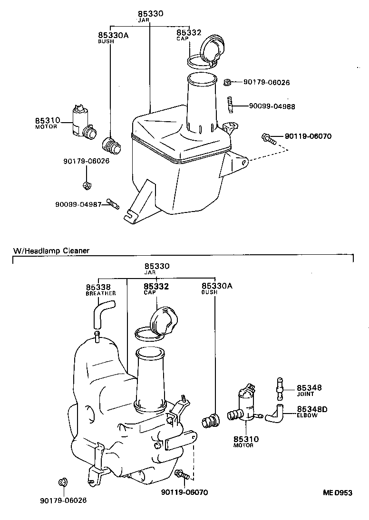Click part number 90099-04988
pos(272,106)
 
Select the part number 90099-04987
pos(78,204)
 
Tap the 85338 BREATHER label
pos(100,289)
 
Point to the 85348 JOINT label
pos(309,390)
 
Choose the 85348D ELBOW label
pos(312,412)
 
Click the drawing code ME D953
pos(338,493)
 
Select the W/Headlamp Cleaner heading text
pos(51,250)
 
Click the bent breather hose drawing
pos(102,316)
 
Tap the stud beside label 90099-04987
pos(113,203)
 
